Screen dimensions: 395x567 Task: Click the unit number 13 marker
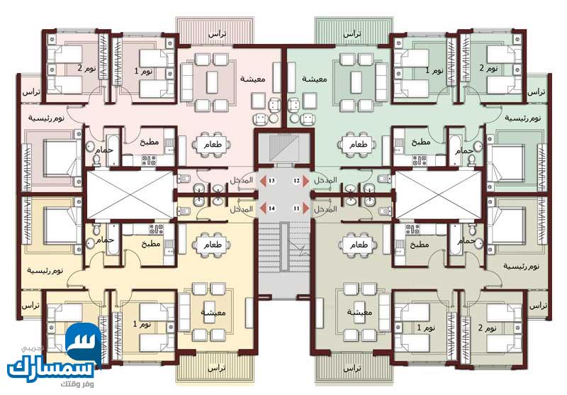[x=271, y=182]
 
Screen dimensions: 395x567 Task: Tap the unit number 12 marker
[x=296, y=182]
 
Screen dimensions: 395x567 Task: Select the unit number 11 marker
[x=296, y=208]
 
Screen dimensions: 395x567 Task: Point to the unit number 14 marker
[x=271, y=208]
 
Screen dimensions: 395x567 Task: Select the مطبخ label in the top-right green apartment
[x=422, y=142]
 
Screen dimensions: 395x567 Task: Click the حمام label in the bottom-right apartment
[x=465, y=242]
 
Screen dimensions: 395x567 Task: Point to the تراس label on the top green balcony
[x=352, y=33]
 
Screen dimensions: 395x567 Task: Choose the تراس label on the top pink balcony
[x=216, y=33]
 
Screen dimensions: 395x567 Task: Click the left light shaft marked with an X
[x=129, y=194]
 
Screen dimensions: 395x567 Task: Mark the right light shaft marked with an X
[x=437, y=194]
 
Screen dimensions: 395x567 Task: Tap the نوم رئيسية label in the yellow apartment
[x=45, y=270]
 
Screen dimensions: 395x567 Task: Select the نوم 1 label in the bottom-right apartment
[x=420, y=328]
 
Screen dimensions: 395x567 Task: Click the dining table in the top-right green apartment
[x=357, y=145]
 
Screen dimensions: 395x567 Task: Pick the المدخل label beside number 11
[x=325, y=209]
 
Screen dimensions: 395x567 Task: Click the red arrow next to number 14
[x=262, y=208]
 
